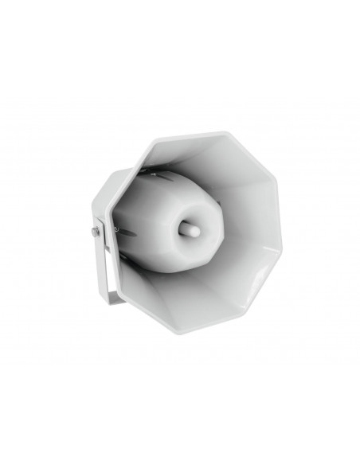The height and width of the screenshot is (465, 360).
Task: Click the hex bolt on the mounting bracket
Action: click(96, 232)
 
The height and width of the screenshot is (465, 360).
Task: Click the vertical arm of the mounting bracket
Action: click(101, 263)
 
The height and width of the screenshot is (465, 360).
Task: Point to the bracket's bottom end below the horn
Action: click(112, 299)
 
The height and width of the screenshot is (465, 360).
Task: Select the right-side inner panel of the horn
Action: click(255, 215)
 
